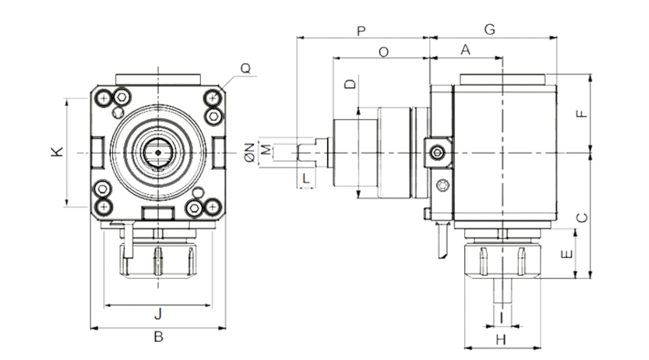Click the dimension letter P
tap(361, 31)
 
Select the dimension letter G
tap(490, 29)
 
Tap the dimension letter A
tap(466, 50)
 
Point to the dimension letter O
tap(384, 52)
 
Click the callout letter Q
tap(245, 68)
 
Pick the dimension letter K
tap(57, 152)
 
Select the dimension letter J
tap(158, 314)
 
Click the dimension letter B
tap(158, 337)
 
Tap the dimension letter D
tap(351, 84)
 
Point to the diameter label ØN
tap(250, 152)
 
